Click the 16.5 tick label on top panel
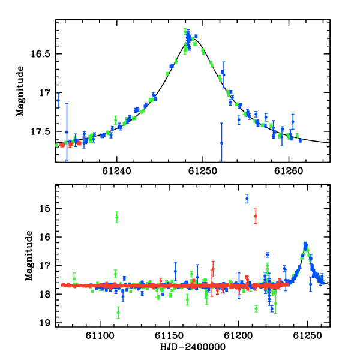40,54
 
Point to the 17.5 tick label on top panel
40,132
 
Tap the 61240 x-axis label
116,171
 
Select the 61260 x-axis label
289,171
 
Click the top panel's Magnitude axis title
20,91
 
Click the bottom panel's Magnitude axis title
29,256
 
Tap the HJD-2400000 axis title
193,347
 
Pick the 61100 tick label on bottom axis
100,335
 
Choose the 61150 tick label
169,335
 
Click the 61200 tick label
238,335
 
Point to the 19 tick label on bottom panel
44,323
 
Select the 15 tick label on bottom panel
44,209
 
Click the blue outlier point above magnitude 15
247,199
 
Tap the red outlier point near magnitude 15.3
256,216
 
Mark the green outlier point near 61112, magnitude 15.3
117,217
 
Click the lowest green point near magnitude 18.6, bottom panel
118,313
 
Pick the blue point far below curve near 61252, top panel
222,143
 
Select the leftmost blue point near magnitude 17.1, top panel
58,100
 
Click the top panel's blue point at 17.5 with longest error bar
67,132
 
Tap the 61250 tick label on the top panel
203,171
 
